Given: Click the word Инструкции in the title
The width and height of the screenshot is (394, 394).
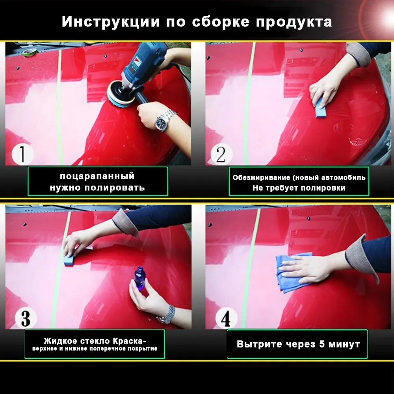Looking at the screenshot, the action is click(111, 21).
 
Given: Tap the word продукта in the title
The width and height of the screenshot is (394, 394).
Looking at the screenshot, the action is click(294, 22).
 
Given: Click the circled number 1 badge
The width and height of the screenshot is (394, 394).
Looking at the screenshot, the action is click(22, 154).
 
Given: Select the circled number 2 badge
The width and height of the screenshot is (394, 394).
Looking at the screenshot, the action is click(221, 154).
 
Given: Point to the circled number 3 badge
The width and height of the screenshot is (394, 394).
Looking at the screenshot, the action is click(26, 318).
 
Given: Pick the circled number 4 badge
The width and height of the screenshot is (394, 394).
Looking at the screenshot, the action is click(226, 318).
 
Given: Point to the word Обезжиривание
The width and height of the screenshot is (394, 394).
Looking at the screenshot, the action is click(261, 178).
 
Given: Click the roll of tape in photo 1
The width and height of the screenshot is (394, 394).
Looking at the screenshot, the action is click(30, 52).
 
